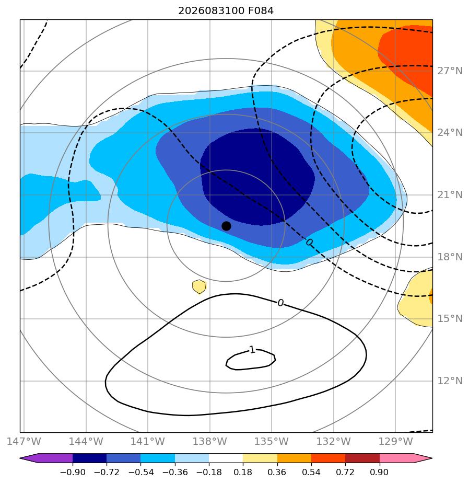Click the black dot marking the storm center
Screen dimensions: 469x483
[226, 226]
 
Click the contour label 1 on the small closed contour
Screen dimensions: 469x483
[252, 350]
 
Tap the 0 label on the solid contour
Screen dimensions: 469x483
[280, 303]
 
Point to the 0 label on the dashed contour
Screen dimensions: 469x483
[309, 243]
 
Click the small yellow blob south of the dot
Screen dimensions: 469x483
[199, 287]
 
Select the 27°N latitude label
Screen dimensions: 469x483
[450, 71]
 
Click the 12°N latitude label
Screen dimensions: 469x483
[450, 381]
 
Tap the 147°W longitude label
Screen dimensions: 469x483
[24, 441]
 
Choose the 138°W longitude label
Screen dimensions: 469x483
[210, 441]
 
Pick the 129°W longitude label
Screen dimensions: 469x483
[395, 441]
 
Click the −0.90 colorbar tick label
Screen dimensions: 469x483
[73, 472]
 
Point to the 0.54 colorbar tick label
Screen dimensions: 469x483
[311, 472]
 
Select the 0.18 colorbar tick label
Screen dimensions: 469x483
[243, 472]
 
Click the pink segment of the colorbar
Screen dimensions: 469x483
[396, 458]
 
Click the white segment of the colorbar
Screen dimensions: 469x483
[226, 458]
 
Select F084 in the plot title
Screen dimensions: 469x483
[261, 11]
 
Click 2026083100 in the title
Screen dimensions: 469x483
[211, 11]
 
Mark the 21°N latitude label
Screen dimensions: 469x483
[450, 195]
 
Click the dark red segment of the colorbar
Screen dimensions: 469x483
[362, 458]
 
